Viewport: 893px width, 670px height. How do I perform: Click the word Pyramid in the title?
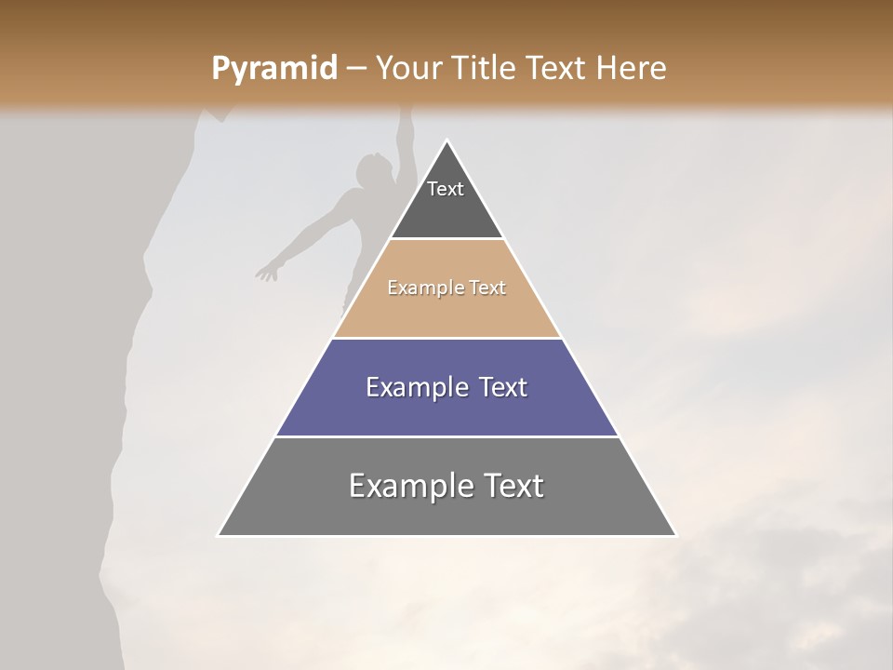[x=273, y=69]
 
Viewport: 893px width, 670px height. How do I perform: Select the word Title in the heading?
[x=487, y=69]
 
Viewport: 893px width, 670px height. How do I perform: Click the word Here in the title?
[x=632, y=69]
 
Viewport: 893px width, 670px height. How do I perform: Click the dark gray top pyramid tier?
[x=446, y=209]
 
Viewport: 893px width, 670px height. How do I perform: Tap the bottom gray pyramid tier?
[x=446, y=512]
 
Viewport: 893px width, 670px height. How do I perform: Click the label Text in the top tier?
[x=446, y=189]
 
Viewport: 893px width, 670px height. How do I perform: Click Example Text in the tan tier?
[x=446, y=288]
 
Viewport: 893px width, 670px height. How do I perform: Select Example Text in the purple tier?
[x=446, y=387]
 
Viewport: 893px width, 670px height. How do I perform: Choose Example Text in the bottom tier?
[x=446, y=486]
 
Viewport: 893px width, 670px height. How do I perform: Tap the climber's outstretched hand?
[x=267, y=273]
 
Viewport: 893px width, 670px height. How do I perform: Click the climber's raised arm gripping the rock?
[x=402, y=140]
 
